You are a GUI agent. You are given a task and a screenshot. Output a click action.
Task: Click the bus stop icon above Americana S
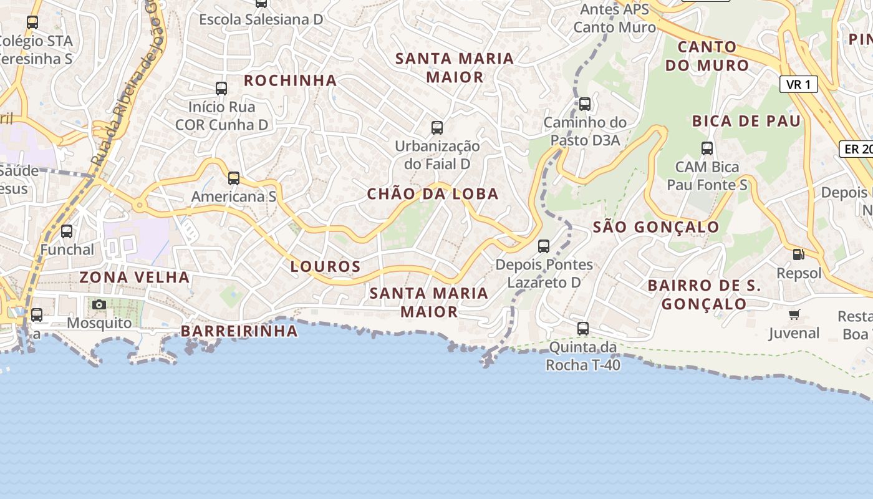tap(234, 178)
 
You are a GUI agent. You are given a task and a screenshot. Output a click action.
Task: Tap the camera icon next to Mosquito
tap(99, 305)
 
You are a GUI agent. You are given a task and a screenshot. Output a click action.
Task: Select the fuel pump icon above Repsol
tap(798, 254)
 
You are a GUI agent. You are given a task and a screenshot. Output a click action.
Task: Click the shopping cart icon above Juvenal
tap(794, 314)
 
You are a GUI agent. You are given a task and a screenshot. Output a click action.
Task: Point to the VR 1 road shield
tap(798, 84)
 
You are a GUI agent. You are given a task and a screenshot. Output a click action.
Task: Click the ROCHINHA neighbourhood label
tap(290, 80)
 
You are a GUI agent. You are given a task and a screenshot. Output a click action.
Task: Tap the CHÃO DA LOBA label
tap(433, 194)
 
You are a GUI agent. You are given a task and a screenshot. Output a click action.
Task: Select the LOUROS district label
tap(326, 267)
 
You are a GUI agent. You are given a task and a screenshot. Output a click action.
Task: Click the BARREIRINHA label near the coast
tap(239, 331)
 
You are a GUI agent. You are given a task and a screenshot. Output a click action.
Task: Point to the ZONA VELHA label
tap(135, 277)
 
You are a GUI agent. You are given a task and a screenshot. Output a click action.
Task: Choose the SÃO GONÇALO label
tap(656, 227)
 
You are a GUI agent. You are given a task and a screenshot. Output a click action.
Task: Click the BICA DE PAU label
tap(746, 122)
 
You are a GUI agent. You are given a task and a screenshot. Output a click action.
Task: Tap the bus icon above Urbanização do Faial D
tap(437, 128)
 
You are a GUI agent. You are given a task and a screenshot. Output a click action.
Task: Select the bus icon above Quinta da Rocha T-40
tap(583, 328)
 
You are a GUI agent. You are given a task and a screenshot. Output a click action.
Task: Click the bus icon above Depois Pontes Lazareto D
tap(544, 246)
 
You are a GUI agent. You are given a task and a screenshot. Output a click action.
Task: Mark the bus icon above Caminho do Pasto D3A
tap(585, 104)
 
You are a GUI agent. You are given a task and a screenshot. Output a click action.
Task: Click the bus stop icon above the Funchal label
tap(67, 231)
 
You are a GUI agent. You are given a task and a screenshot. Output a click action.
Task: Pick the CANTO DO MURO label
tap(707, 56)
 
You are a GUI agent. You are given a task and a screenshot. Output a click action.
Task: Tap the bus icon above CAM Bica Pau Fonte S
tap(707, 148)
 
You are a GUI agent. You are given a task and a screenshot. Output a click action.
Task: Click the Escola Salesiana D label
tap(261, 19)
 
